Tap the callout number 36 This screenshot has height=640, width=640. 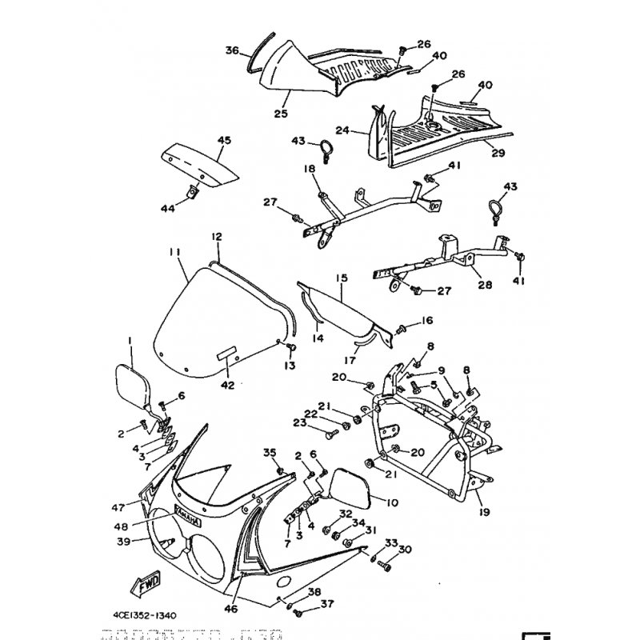click(231, 50)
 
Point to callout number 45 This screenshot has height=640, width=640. click(224, 141)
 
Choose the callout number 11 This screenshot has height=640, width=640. click(174, 252)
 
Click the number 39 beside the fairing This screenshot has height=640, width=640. click(124, 542)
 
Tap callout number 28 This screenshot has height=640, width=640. click(485, 284)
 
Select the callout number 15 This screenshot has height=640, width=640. click(342, 278)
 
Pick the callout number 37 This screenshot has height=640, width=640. click(305, 604)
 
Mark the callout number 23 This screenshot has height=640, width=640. click(300, 423)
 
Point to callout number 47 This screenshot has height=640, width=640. click(119, 507)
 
